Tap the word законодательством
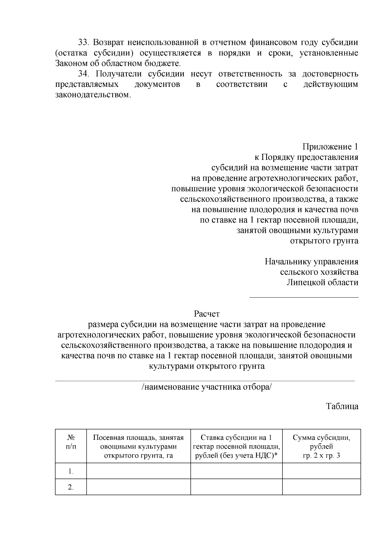tap(93, 96)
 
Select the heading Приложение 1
tap(330, 147)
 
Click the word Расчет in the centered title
tap(207, 314)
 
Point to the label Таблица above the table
tap(342, 406)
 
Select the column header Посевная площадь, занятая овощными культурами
tap(138, 447)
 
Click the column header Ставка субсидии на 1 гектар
tap(236, 447)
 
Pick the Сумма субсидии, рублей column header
tap(321, 447)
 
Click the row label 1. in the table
tap(71, 472)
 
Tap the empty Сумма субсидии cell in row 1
tap(321, 471)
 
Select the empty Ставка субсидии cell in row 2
tap(236, 487)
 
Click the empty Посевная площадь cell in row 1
tap(138, 471)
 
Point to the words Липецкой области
tap(322, 283)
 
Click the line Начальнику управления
tap(311, 262)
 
